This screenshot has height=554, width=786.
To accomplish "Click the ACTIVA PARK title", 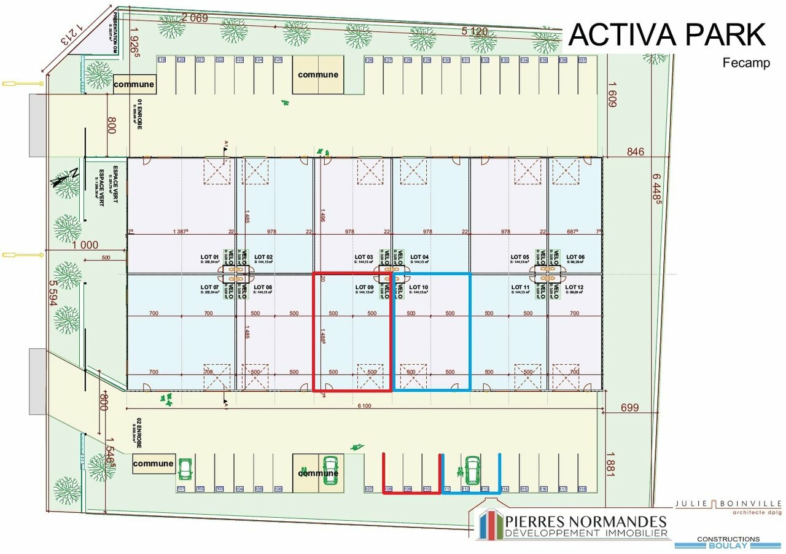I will coord(667,35).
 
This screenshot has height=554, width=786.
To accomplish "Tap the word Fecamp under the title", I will coord(746,63).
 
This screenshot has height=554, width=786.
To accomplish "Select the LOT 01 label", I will coord(210,257).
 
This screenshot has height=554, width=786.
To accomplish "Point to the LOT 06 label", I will coord(575,257).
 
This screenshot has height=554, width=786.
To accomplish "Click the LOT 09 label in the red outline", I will coord(364,287).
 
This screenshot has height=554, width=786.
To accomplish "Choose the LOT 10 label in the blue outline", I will coord(418,287).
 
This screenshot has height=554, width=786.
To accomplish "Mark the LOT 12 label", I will coord(574,287).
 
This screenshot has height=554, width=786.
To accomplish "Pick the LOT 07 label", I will coord(210,287).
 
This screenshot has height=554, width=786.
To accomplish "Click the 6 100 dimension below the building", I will coord(364,405).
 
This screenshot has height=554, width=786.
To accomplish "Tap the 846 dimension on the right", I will coord(635,152).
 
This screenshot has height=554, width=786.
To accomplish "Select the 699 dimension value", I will coord(629,407).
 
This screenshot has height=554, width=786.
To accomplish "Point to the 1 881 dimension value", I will coord(609,464).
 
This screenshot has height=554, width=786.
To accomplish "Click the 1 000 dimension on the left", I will coord(85,244).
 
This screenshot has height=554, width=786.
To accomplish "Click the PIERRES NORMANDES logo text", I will coord(586,522).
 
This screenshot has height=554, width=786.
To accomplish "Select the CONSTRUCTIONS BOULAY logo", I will coord(728,542).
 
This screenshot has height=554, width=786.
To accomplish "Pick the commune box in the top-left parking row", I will coord(134,84).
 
